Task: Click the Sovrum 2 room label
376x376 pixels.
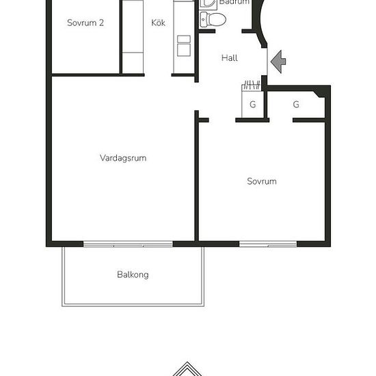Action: (85, 23)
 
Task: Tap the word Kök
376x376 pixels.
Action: (159, 23)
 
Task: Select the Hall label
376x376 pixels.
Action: (230, 58)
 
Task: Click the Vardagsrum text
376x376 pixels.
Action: (123, 158)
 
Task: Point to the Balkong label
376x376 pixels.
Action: (133, 275)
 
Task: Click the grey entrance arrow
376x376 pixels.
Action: (278, 62)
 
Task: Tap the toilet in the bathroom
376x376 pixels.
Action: (213, 19)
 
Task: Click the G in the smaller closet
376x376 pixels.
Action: (252, 105)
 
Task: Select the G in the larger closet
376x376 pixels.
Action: (296, 105)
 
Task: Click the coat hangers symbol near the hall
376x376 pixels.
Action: (251, 85)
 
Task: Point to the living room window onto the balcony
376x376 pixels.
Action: (128, 244)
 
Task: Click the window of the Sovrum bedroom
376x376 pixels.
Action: (268, 244)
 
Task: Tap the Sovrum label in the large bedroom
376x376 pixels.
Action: (262, 181)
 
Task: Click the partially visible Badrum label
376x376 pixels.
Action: (234, 2)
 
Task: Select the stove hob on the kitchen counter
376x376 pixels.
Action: (184, 46)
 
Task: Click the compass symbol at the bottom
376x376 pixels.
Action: (187, 369)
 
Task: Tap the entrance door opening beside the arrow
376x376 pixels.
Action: (267, 62)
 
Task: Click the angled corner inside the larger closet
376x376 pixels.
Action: (319, 93)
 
